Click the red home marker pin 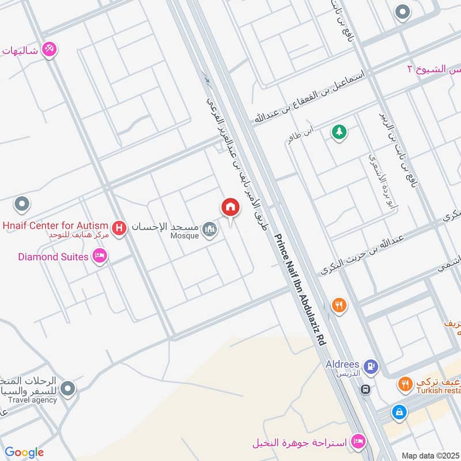230,207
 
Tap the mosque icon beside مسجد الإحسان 210,229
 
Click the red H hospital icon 119,229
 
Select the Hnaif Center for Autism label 55,225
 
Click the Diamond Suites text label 53,256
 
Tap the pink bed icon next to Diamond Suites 99,256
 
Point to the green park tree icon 339,132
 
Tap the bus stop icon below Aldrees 365,390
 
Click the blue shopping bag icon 398,412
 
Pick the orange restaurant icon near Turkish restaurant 406,383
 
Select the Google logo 24,452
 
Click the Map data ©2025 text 429,455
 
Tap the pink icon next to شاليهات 50,50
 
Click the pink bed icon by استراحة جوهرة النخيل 358,443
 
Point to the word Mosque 184,235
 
